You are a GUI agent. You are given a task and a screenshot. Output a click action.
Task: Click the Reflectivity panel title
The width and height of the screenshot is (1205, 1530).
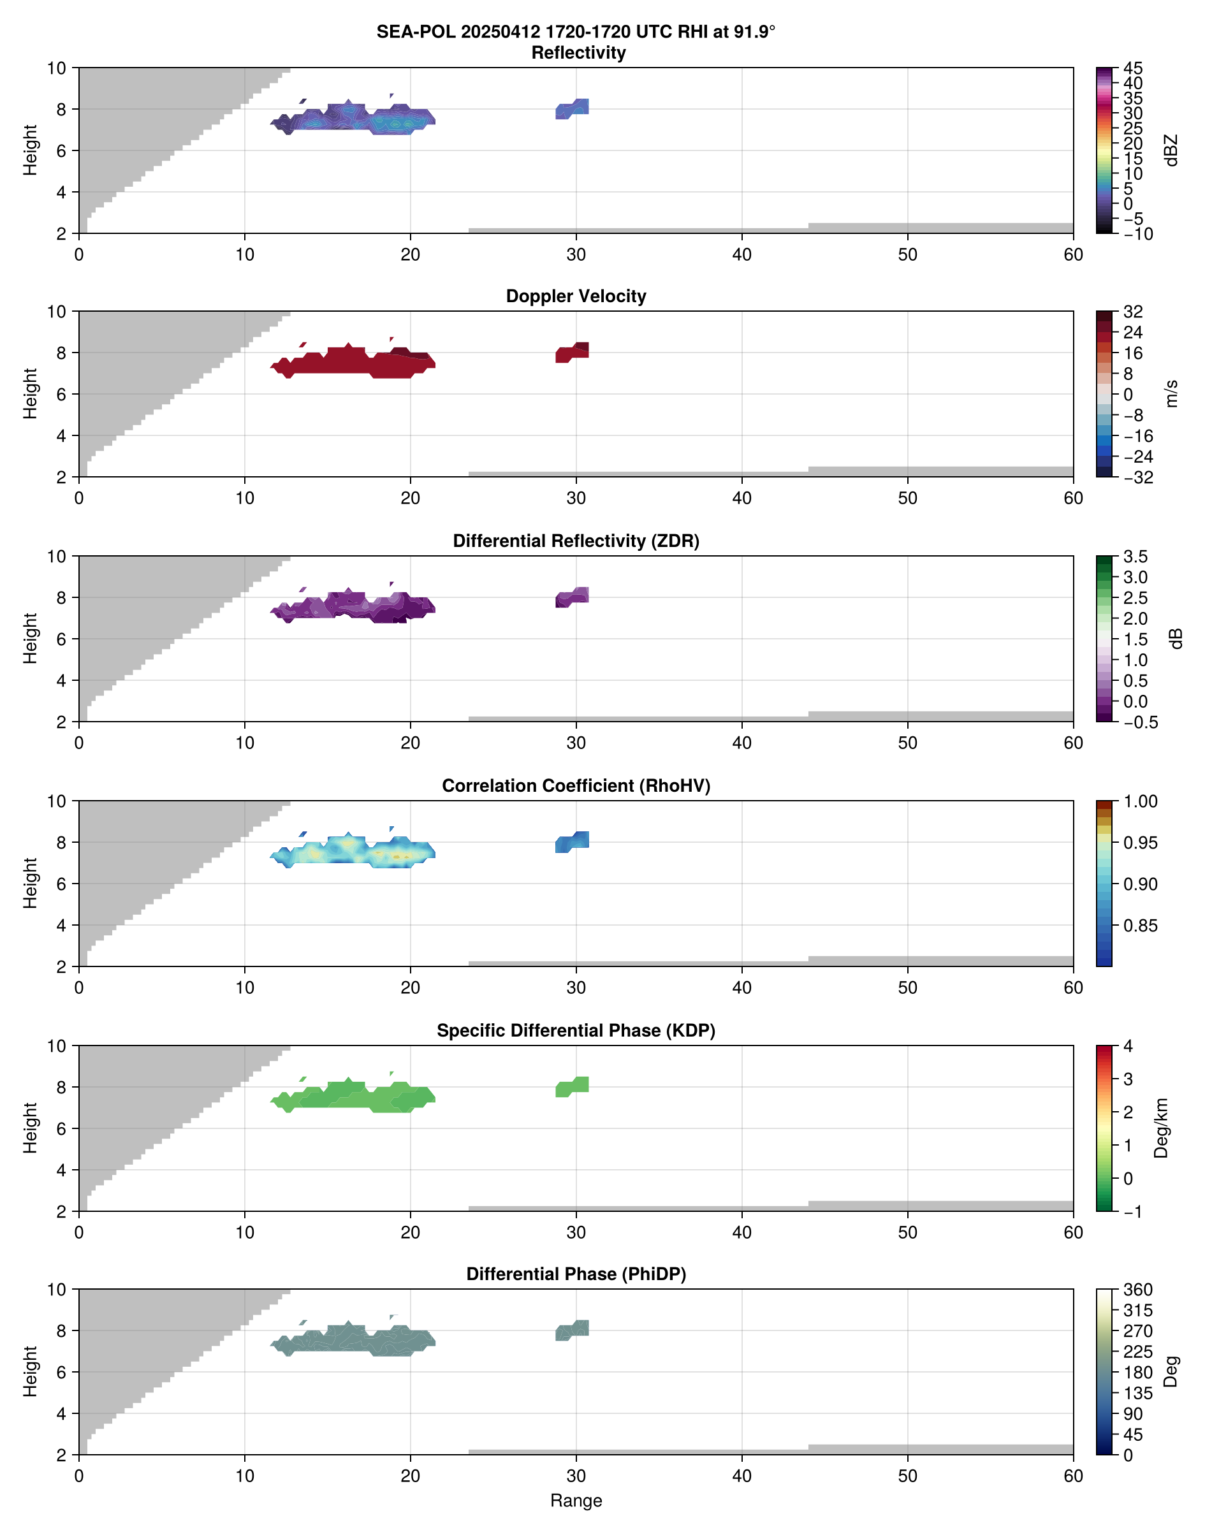click(578, 53)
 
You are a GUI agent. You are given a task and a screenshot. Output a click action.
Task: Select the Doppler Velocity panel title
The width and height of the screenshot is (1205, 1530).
click(576, 296)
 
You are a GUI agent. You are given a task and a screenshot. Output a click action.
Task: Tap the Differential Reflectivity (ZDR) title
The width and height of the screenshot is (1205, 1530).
click(576, 541)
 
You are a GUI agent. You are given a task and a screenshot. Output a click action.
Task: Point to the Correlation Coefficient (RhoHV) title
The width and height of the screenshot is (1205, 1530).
click(576, 786)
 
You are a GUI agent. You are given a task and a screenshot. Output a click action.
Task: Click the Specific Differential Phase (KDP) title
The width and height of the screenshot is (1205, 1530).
click(576, 1031)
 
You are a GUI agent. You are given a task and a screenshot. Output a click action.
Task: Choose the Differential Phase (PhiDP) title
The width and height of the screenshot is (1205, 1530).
click(576, 1274)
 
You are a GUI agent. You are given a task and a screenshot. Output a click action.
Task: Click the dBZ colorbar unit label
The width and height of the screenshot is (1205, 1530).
click(1172, 150)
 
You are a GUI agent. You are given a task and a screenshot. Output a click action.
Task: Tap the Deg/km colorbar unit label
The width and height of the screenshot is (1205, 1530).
click(1161, 1128)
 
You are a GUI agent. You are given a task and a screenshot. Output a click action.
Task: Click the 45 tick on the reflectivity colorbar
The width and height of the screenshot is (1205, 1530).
click(1133, 68)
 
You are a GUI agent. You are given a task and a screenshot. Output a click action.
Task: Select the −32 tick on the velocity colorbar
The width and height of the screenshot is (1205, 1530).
click(1137, 477)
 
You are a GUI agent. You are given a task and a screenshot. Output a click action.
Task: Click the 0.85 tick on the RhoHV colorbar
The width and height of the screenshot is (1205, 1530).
click(1139, 926)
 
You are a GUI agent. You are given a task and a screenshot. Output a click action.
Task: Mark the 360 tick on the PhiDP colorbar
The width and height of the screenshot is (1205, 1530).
click(1137, 1290)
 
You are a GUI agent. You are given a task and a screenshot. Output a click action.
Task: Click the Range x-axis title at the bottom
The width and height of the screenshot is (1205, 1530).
click(576, 1501)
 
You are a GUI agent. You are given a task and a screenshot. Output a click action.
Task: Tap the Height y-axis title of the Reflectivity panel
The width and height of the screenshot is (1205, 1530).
click(29, 150)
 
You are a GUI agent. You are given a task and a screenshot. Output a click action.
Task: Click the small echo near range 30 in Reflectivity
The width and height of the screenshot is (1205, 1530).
click(572, 108)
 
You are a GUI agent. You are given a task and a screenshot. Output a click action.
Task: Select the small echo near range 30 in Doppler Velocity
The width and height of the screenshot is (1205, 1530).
click(572, 352)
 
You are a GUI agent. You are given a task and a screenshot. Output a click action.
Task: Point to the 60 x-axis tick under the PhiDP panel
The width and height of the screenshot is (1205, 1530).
click(1072, 1476)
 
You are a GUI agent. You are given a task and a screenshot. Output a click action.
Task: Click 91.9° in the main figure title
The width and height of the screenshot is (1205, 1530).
click(750, 32)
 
